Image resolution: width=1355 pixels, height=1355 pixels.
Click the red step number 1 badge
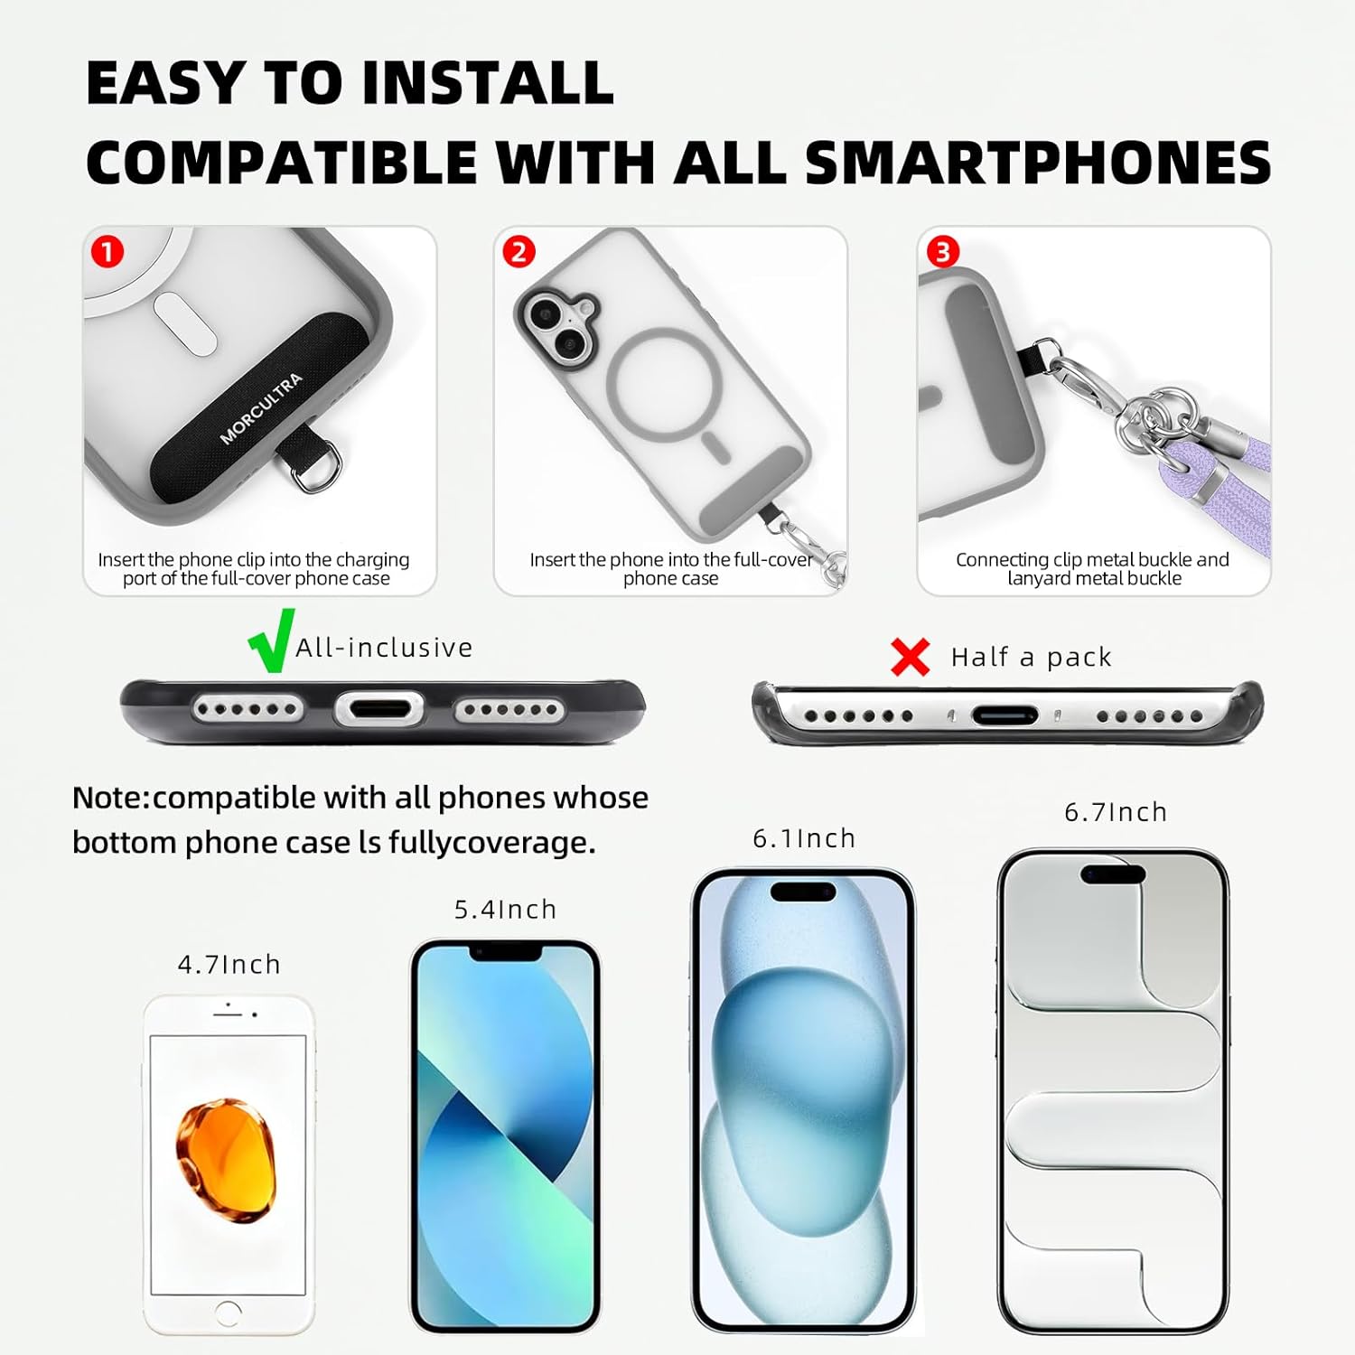coord(107,251)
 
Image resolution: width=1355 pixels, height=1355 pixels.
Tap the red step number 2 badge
coord(519,251)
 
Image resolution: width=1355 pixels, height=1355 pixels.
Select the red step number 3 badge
coord(943,251)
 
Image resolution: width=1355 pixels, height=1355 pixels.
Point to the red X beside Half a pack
coord(910,657)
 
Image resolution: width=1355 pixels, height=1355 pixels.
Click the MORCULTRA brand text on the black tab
coord(261,409)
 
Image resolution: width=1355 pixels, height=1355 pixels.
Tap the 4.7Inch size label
coord(229,965)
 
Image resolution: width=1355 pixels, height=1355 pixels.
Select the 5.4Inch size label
coord(505,910)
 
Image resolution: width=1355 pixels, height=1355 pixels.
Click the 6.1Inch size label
coord(804,838)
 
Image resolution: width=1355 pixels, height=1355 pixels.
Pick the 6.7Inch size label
coord(1116,812)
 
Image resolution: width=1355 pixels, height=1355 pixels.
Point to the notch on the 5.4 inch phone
coord(505,952)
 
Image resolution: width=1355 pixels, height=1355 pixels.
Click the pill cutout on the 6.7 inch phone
coord(1113,874)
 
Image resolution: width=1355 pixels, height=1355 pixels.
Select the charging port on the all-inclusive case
coord(378,708)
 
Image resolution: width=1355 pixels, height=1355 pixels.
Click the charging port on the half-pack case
coord(1005,715)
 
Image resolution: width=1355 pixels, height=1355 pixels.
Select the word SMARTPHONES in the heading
coord(1038,163)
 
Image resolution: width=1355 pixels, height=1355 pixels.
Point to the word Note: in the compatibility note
coord(112,798)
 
